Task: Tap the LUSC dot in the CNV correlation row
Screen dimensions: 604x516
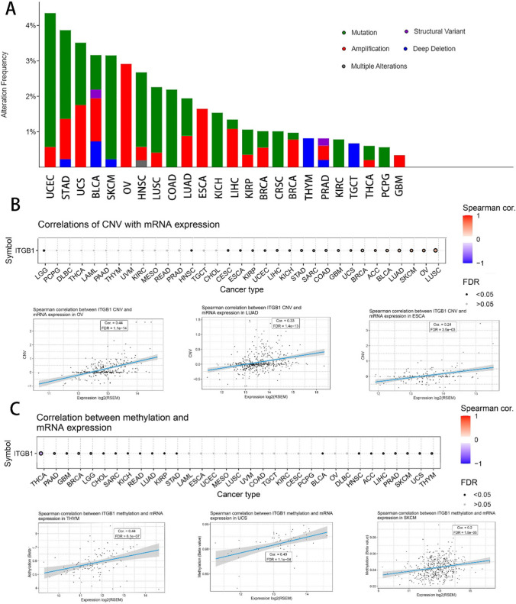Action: [x=436, y=250]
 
